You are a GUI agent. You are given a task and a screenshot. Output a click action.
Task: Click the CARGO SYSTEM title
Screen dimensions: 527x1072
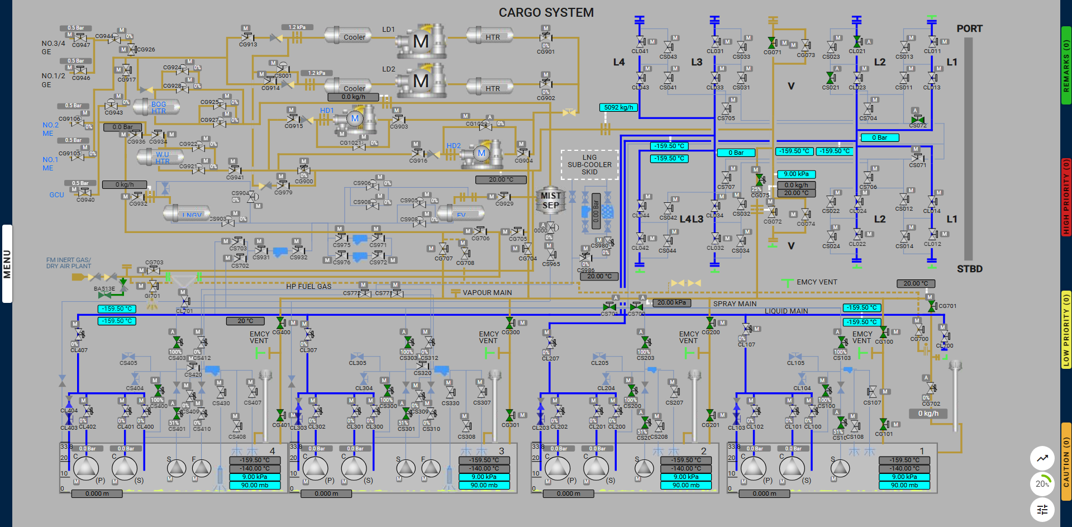[546, 12]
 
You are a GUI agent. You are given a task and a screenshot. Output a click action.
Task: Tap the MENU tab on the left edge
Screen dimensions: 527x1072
[7, 264]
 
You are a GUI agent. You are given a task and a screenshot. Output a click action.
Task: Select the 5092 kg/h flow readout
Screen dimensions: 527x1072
[618, 107]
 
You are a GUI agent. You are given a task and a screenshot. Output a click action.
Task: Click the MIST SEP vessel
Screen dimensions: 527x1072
[550, 201]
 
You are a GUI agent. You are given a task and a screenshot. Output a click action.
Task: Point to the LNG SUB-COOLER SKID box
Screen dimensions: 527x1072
[589, 165]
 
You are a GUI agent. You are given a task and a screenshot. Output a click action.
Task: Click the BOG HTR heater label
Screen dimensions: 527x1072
[159, 107]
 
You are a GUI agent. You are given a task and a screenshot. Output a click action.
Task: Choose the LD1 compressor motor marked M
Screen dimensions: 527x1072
[421, 41]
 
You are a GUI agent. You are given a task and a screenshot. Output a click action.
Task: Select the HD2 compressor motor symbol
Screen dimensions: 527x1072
[482, 153]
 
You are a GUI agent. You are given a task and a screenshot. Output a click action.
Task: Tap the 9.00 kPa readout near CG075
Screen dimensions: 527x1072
[796, 174]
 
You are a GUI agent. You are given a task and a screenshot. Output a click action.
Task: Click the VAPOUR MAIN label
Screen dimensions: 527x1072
[487, 293]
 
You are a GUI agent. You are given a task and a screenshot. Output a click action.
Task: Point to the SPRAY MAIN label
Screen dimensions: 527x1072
[735, 304]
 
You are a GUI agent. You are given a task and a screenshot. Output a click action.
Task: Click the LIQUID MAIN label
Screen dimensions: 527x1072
[786, 311]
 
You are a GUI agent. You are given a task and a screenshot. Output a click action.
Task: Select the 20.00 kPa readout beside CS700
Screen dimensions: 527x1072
[671, 303]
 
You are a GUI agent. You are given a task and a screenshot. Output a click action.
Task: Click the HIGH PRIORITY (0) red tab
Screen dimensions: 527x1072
[1066, 196]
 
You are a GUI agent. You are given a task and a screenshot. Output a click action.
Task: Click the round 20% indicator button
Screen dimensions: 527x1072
[1042, 484]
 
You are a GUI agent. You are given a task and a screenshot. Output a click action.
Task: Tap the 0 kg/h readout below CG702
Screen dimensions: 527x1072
[928, 414]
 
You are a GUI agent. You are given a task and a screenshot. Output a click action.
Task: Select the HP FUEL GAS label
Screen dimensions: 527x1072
[309, 287]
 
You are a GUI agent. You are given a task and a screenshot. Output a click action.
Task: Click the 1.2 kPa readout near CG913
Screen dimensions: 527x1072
[297, 27]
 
